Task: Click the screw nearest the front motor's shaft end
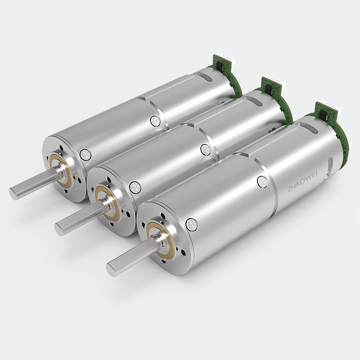(191, 224)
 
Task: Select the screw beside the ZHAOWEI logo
(262, 182)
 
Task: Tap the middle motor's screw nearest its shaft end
(135, 187)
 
